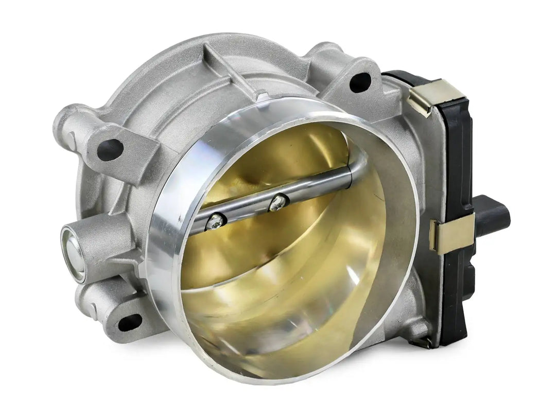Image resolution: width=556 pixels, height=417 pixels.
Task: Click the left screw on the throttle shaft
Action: [216, 222]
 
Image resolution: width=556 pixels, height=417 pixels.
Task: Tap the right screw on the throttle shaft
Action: [278, 202]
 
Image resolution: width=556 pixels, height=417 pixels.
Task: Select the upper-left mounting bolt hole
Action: [111, 149]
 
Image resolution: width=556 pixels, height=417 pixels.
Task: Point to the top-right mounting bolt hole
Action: [359, 82]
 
